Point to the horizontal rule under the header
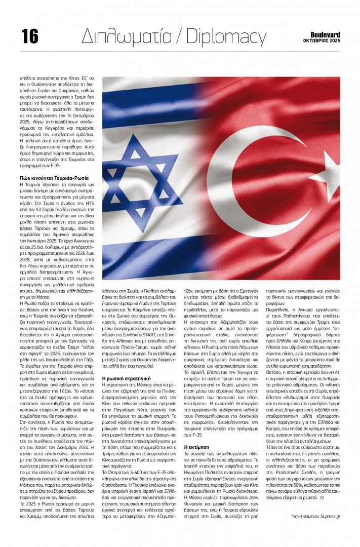point(180,51)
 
